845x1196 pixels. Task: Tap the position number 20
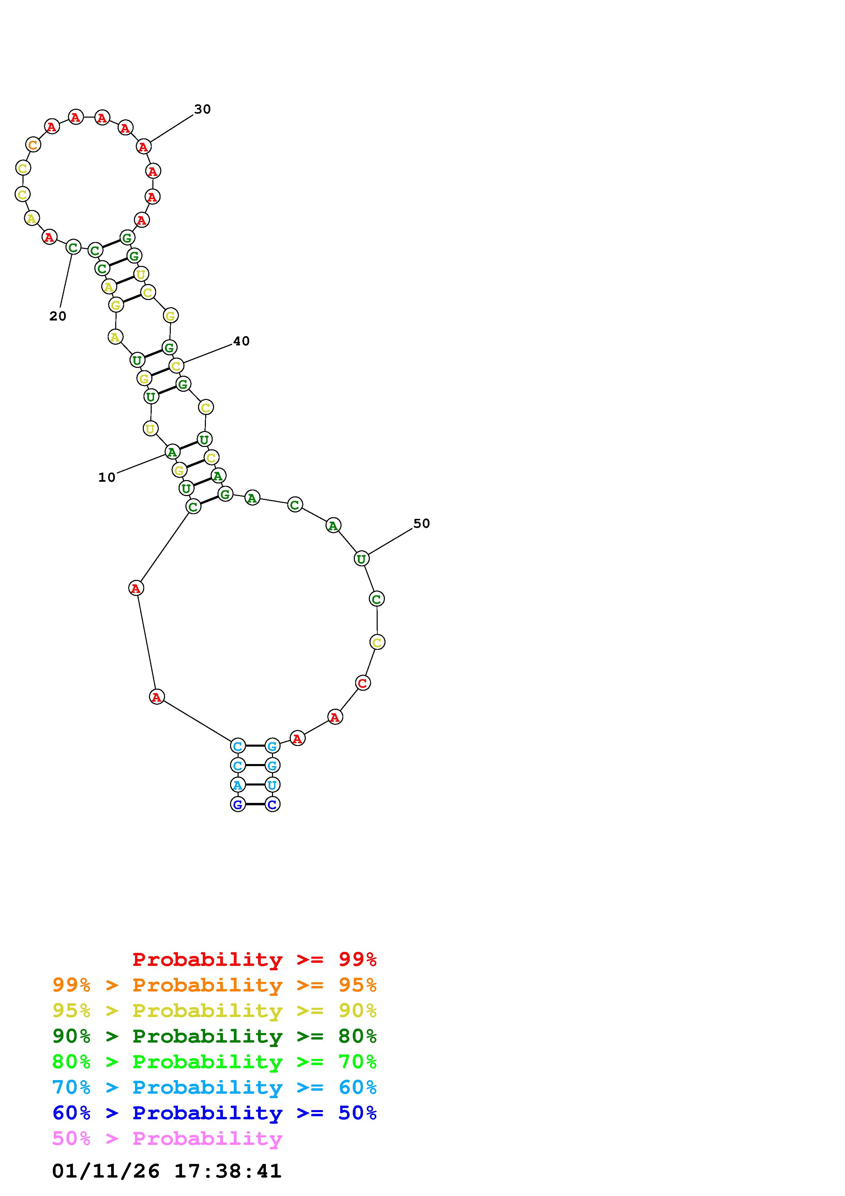click(x=58, y=316)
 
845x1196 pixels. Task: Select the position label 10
click(x=107, y=478)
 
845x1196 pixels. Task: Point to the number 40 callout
click(x=241, y=341)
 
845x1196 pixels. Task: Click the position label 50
click(x=421, y=524)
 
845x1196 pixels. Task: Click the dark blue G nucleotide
click(x=238, y=804)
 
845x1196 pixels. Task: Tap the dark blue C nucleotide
click(x=272, y=804)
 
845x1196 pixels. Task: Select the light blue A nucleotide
click(x=238, y=784)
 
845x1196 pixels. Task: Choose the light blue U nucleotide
click(x=272, y=784)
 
